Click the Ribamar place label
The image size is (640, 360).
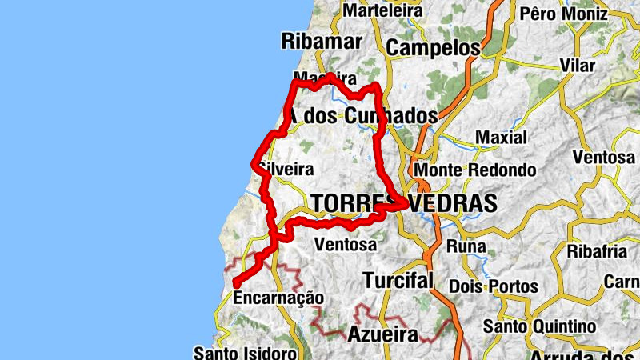point(322,41)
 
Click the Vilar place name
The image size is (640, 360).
point(578,65)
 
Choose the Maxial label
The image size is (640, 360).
point(501,138)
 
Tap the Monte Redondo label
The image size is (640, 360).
point(474,170)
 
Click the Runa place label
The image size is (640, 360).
point(465,245)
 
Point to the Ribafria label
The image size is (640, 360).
point(597,251)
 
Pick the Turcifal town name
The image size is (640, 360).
point(398,280)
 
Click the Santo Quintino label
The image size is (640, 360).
point(539,326)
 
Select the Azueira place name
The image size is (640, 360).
point(382,334)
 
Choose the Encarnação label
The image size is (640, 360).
point(278,298)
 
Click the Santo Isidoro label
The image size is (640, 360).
point(246,353)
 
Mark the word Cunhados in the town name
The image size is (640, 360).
point(392,116)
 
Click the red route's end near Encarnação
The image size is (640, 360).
point(235,282)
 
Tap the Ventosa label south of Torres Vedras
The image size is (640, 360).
point(346,244)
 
